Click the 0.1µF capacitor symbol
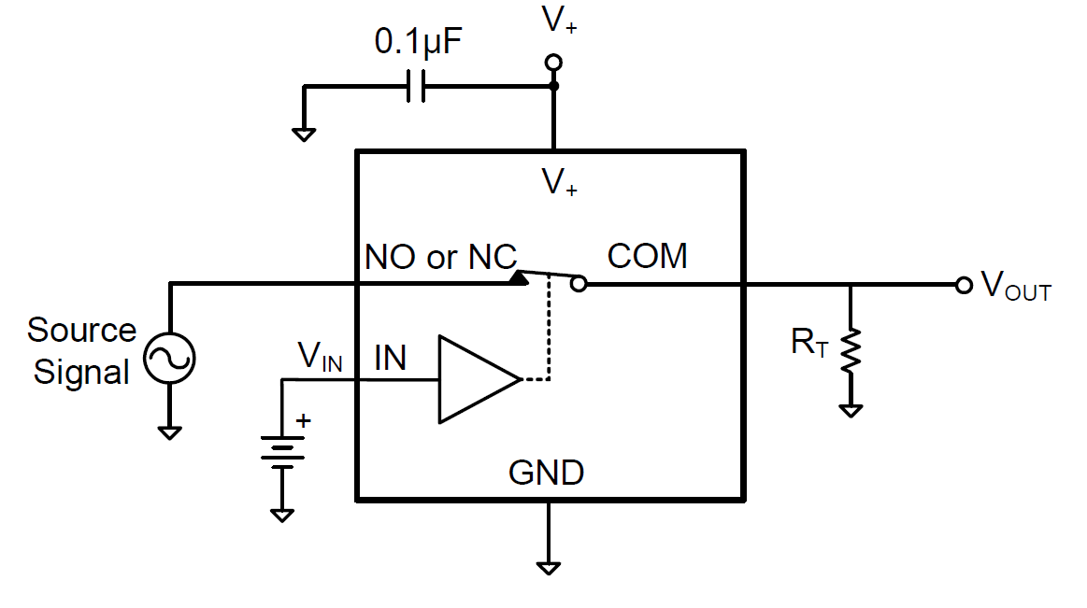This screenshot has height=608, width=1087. pyautogui.click(x=417, y=87)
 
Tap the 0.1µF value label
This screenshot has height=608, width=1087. pyautogui.click(x=418, y=42)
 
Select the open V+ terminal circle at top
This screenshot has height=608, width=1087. pyautogui.click(x=553, y=63)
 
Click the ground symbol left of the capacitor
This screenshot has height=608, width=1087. pyautogui.click(x=304, y=133)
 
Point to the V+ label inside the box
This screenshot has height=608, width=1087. pyautogui.click(x=559, y=182)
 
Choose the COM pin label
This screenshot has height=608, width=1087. pyautogui.click(x=647, y=255)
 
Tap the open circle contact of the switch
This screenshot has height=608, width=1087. pyautogui.click(x=579, y=284)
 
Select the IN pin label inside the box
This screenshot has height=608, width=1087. pyautogui.click(x=390, y=358)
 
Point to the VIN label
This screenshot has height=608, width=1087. pyautogui.click(x=321, y=357)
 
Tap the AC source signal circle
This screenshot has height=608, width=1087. pyautogui.click(x=169, y=359)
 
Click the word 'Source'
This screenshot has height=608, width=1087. pyautogui.click(x=81, y=330)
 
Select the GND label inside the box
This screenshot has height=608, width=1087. pyautogui.click(x=546, y=473)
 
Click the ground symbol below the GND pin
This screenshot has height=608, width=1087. pyautogui.click(x=549, y=565)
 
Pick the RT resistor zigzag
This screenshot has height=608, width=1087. pyautogui.click(x=850, y=352)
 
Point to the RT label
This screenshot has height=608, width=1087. pyautogui.click(x=808, y=343)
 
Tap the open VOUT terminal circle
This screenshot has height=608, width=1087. pyautogui.click(x=964, y=285)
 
